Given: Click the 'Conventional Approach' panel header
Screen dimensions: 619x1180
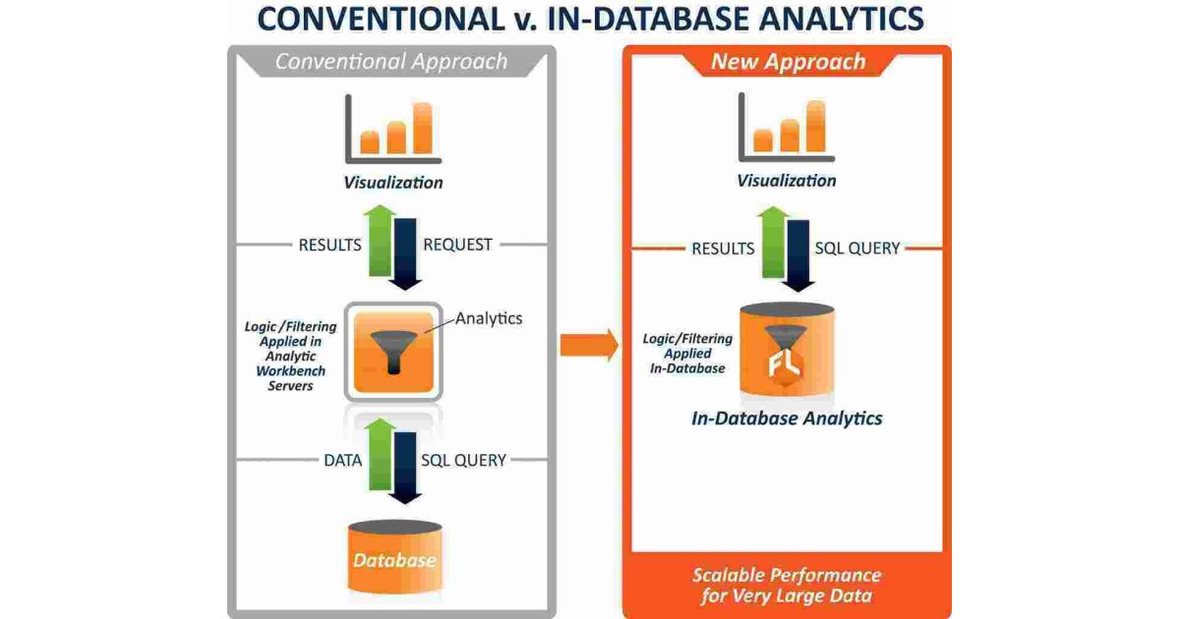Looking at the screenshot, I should tap(391, 62).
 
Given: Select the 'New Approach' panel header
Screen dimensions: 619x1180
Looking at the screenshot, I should tap(788, 62).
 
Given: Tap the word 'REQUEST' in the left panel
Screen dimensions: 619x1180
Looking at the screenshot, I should tap(457, 245).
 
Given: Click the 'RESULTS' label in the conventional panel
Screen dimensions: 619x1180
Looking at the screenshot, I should tap(330, 245).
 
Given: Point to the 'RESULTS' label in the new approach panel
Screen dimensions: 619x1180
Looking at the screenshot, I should tap(723, 249).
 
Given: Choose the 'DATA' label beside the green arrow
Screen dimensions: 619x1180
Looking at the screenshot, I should tap(343, 460).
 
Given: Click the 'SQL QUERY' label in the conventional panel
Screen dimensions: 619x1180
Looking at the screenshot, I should tap(463, 460).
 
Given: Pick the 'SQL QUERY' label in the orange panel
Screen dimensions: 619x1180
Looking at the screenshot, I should tap(857, 249).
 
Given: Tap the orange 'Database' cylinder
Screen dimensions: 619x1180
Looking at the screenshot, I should tap(394, 558).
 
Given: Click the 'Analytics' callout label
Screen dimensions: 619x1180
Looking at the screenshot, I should tap(489, 318).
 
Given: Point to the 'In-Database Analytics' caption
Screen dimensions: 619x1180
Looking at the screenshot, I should tap(787, 419).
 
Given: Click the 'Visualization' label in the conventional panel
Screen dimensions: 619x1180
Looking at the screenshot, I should tap(393, 183).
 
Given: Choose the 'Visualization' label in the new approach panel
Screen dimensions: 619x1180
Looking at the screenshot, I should tap(787, 181).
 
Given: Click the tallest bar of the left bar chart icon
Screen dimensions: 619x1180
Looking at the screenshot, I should tap(423, 128).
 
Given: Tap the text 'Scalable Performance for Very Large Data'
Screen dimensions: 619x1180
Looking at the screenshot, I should tap(787, 586).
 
